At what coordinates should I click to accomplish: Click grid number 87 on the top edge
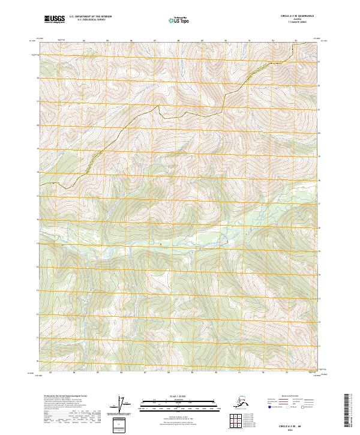pyautogui.click(x=155, y=40)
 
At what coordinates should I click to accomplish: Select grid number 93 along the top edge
pyautogui.click(x=296, y=40)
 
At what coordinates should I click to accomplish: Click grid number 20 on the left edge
pyautogui.click(x=37, y=125)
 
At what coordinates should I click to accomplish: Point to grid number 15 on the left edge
pyautogui.click(x=37, y=243)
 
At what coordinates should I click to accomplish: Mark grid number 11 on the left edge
pyautogui.click(x=37, y=337)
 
